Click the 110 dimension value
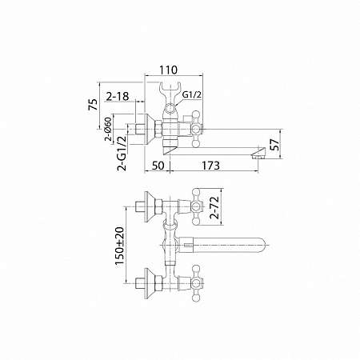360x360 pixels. point(168,70)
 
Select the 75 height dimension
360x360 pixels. point(93,104)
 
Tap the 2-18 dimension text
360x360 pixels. point(118,96)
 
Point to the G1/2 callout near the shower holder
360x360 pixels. point(192,94)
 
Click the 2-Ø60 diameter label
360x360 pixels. point(108,129)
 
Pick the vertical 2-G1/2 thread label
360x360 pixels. point(122,153)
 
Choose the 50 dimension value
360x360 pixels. point(158,166)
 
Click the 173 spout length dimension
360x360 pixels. point(210,166)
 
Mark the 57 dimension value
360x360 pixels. point(276,144)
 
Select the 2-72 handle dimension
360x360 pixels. point(214,207)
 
